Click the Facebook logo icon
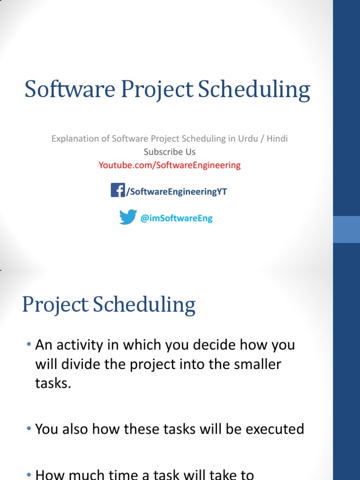point(118,190)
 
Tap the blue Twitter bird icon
point(127,217)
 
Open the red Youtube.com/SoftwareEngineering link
point(169,165)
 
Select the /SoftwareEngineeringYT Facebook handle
point(177,192)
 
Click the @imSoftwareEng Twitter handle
point(176,218)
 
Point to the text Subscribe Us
point(169,152)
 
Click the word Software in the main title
point(70,89)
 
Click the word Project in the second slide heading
point(55,305)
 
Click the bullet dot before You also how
point(30,428)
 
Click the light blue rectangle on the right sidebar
point(346,229)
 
